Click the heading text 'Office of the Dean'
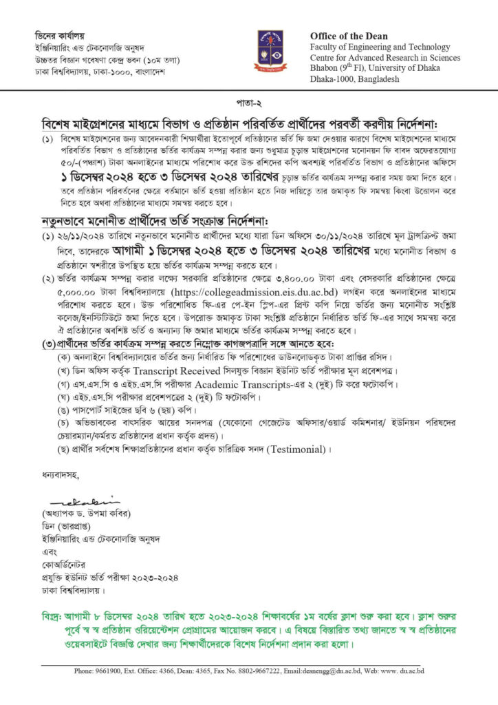349,36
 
